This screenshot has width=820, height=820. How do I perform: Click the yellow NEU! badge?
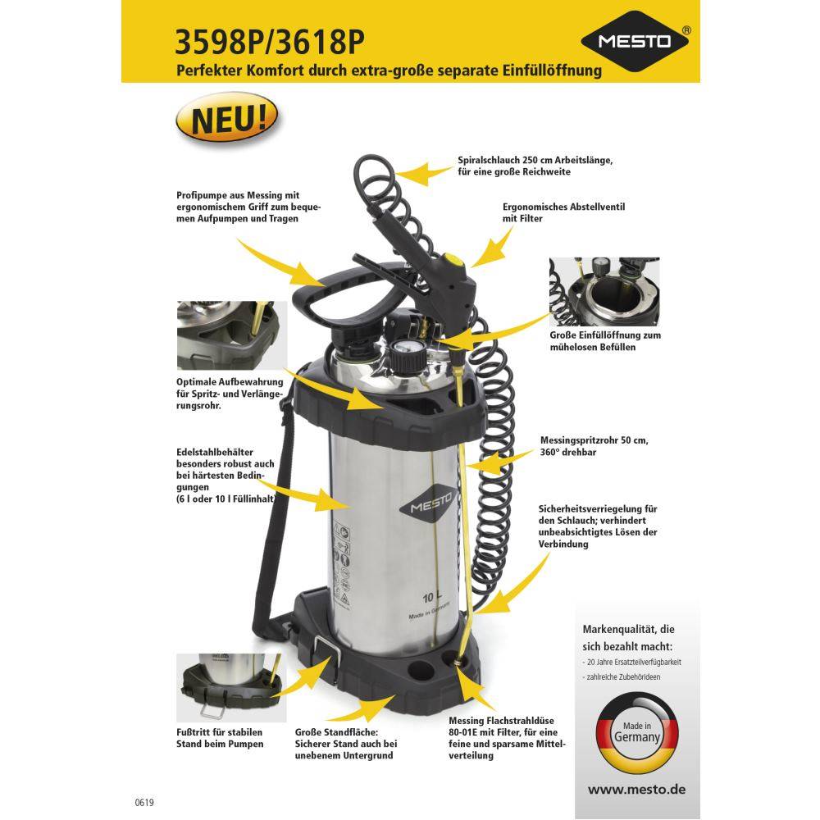[227, 117]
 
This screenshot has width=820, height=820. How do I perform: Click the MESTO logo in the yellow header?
[635, 41]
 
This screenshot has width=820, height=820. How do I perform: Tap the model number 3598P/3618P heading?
[269, 41]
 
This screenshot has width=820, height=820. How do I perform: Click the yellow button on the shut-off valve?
[453, 259]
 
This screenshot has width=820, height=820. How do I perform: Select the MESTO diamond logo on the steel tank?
[427, 503]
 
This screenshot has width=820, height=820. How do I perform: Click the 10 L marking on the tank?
[431, 597]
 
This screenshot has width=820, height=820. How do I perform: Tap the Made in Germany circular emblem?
[637, 732]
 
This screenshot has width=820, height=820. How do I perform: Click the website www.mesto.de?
[636, 789]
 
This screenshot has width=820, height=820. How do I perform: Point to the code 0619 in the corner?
[144, 802]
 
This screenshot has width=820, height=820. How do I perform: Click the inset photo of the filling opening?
[604, 291]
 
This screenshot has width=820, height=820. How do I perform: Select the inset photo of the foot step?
[231, 687]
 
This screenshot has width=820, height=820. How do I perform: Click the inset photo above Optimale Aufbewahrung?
[232, 335]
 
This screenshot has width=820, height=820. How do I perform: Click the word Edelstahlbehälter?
[214, 452]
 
